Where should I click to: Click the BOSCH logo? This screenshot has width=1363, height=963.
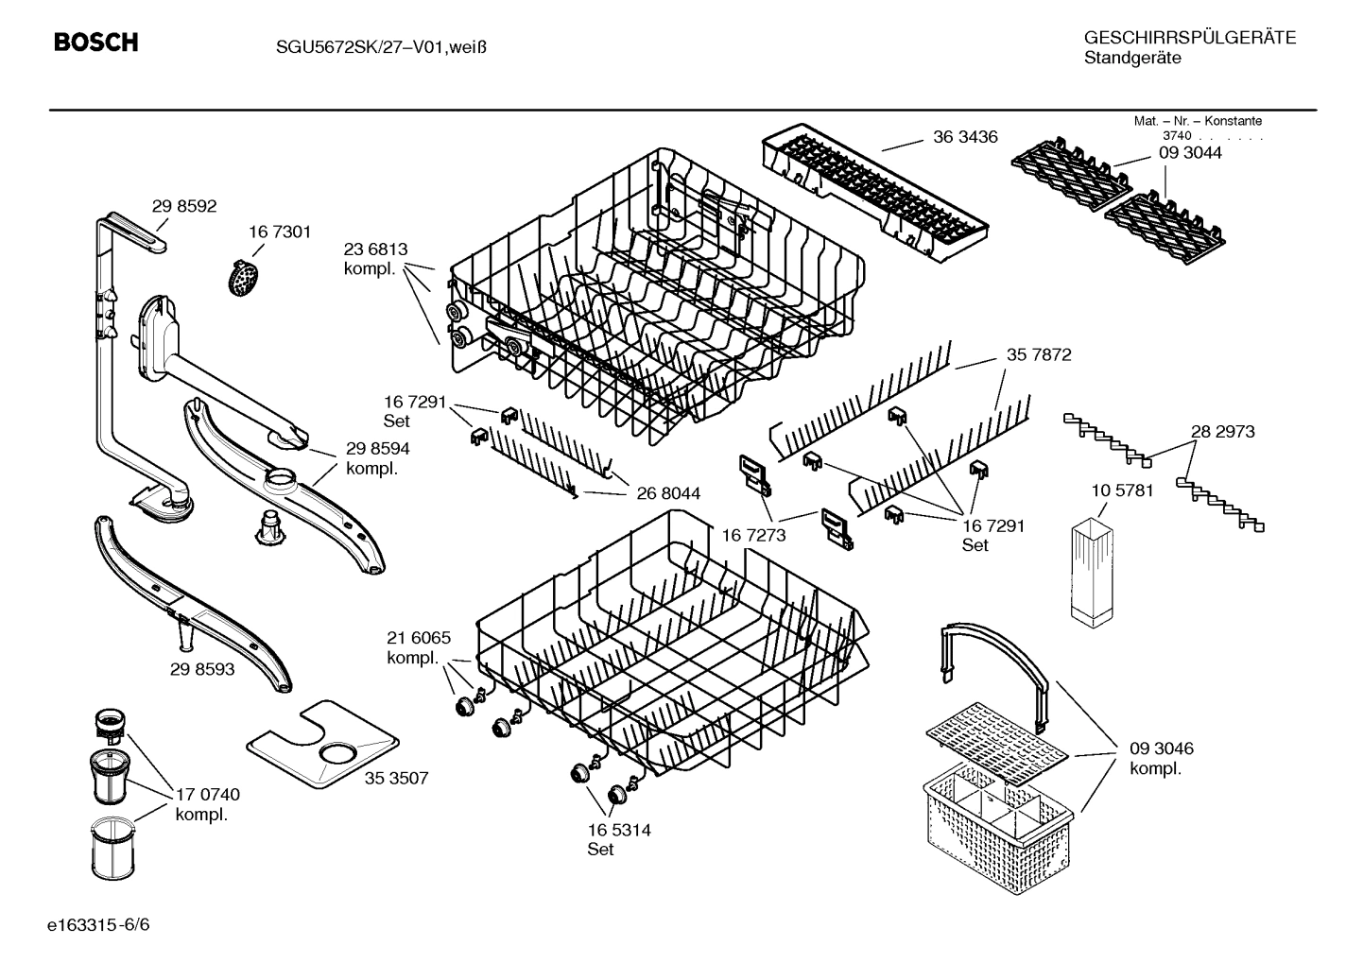[95, 43]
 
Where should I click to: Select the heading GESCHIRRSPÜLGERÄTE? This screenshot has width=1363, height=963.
[1189, 39]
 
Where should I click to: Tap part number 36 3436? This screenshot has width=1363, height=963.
[965, 137]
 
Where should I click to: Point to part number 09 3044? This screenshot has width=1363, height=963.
[1190, 153]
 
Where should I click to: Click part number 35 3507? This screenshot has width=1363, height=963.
[397, 779]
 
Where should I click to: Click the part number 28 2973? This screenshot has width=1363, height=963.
[1222, 432]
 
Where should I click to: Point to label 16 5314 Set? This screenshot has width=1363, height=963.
[618, 839]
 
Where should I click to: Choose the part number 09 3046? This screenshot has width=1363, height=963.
[1161, 748]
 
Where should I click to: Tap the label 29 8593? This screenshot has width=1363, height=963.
[202, 669]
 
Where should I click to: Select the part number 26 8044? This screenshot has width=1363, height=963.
[668, 493]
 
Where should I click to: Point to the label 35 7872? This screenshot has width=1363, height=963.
[1039, 355]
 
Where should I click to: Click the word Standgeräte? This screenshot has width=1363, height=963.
[1131, 59]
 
